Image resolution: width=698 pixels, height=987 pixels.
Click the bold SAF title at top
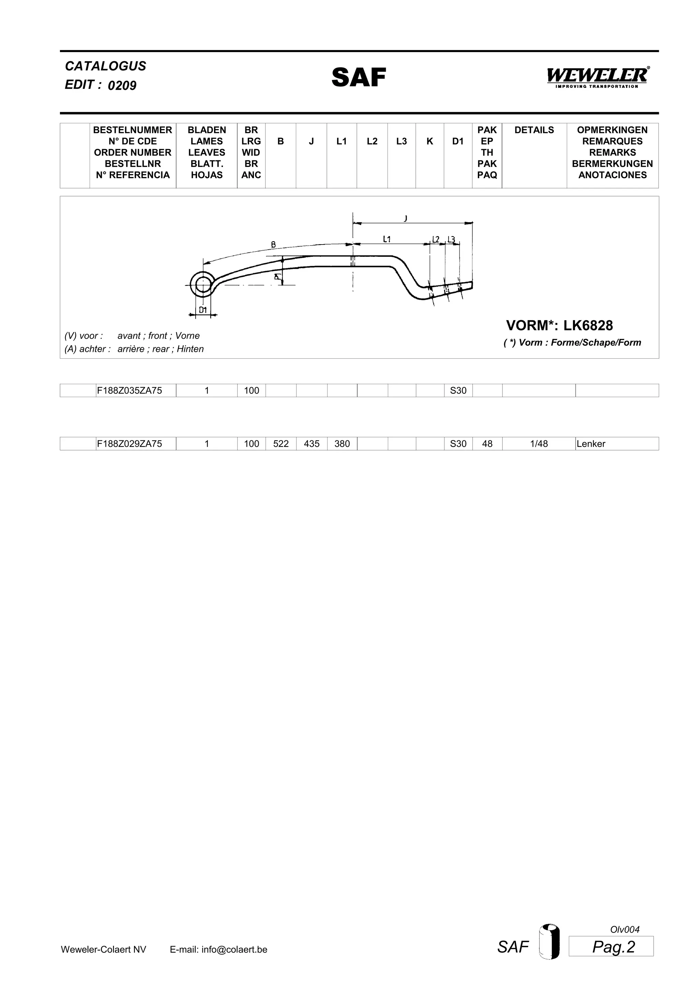click(x=359, y=77)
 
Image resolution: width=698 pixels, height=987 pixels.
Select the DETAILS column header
click(x=534, y=130)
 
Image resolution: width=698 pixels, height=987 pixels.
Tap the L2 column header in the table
click(x=372, y=141)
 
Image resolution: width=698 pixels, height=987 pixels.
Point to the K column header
click(x=430, y=141)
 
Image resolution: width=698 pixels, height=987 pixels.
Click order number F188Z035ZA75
click(x=130, y=390)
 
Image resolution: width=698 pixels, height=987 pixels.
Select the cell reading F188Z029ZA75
click(x=130, y=444)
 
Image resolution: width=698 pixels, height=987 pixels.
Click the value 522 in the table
click(x=281, y=444)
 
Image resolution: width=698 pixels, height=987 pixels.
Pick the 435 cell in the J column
click(x=312, y=444)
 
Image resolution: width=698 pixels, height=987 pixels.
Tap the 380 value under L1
click(x=342, y=444)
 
